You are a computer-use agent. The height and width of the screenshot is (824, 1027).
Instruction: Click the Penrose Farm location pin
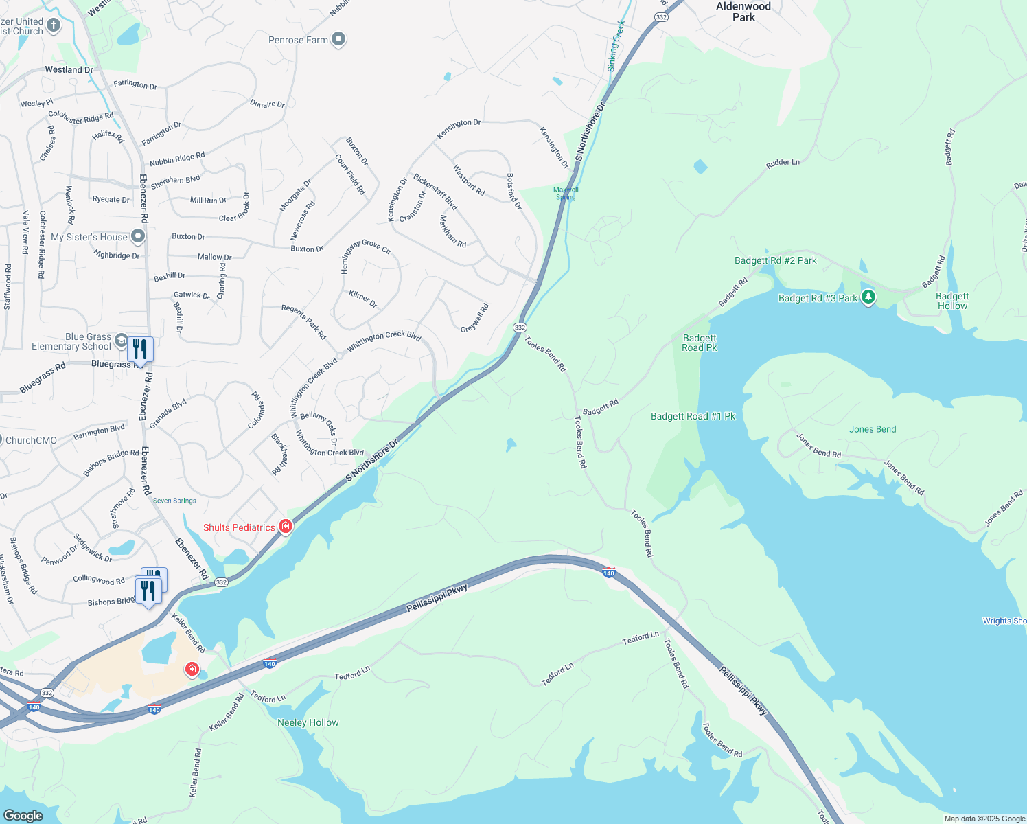[x=338, y=40]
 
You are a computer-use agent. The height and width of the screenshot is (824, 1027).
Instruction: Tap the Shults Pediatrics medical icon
[x=286, y=527]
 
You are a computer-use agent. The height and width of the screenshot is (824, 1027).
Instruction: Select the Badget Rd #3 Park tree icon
[x=868, y=297]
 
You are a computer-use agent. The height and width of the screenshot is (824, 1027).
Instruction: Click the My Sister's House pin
[x=138, y=237]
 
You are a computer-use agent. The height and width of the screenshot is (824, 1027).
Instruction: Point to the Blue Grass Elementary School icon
[x=121, y=341]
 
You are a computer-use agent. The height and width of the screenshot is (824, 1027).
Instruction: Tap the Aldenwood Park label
[x=743, y=12]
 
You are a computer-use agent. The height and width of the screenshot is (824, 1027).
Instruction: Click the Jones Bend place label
[x=873, y=429]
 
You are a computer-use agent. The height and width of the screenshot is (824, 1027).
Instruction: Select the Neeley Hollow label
[x=308, y=722]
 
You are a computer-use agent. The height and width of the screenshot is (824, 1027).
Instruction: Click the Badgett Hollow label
[x=952, y=301]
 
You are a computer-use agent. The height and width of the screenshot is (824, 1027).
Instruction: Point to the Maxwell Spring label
[x=566, y=193]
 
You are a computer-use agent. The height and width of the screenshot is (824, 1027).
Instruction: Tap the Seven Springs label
[x=174, y=501]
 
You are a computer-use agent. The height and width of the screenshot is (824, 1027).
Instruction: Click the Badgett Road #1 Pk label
[x=693, y=416]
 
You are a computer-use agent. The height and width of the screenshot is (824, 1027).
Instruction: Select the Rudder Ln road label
[x=783, y=163]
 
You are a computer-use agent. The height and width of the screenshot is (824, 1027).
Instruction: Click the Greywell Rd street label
[x=474, y=319]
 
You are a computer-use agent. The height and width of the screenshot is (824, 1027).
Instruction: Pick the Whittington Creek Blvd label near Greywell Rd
[x=384, y=341]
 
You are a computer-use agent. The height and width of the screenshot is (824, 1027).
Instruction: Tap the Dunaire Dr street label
[x=267, y=104]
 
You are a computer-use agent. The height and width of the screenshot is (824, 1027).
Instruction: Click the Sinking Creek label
[x=616, y=45]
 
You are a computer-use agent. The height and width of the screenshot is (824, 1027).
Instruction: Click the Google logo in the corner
[x=23, y=815]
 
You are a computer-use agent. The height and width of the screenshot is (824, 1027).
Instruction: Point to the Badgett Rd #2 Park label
[x=775, y=260]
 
